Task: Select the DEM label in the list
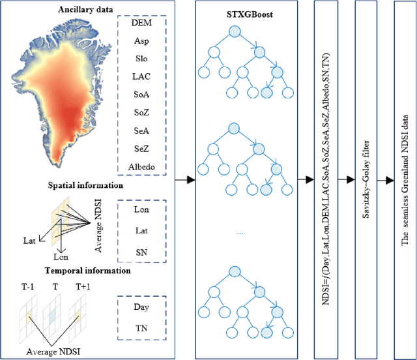[141, 23]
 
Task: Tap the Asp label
[141, 40]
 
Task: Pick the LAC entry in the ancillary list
[141, 76]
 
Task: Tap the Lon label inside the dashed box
[141, 209]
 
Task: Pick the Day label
[141, 305]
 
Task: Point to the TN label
[141, 329]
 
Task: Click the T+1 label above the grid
[82, 287]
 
